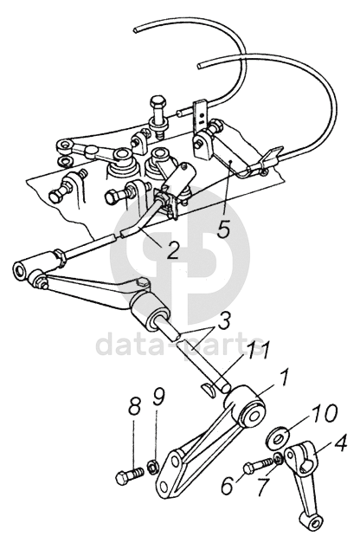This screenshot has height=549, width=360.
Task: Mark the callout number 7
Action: tap(264, 486)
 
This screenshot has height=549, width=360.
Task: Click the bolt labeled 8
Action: tap(129, 476)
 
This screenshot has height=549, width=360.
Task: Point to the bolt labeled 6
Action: tap(258, 466)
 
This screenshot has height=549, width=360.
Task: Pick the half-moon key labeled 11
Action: tap(209, 389)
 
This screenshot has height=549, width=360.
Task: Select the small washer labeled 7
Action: tap(278, 458)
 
